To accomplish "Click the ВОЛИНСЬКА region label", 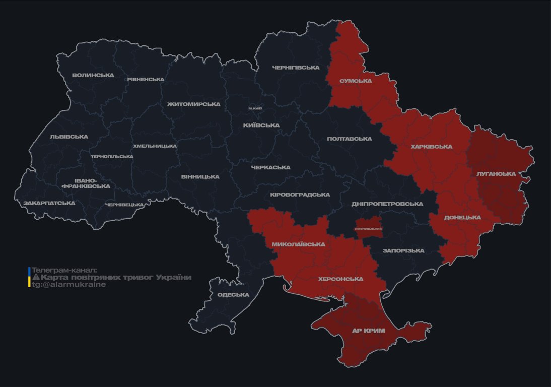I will (93, 76).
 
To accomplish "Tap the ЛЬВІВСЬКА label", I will (69, 137).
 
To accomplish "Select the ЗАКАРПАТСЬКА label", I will (49, 204).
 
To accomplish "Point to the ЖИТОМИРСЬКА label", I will (194, 104).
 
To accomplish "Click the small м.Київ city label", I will (255, 108).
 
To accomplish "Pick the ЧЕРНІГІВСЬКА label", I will (296, 68).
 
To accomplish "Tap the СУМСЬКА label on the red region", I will (356, 81).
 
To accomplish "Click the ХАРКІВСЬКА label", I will (431, 147).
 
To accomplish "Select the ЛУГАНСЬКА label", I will (496, 174).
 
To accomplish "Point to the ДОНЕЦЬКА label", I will (462, 218).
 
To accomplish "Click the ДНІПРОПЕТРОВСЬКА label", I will (387, 204).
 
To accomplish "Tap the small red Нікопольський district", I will (368, 229).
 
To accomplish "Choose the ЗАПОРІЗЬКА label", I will (403, 250).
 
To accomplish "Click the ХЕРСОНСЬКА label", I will (341, 279).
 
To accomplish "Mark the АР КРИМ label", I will (368, 331).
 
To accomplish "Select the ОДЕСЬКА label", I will (233, 295).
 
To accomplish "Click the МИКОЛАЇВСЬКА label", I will (298, 244).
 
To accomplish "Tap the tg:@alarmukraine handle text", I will (69, 285).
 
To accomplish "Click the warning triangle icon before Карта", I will (36, 278).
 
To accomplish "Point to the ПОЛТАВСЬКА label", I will (349, 139).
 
